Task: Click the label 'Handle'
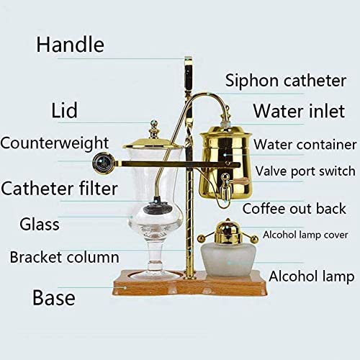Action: click(70, 44)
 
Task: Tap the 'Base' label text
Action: click(54, 297)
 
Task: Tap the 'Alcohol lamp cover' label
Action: click(305, 235)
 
